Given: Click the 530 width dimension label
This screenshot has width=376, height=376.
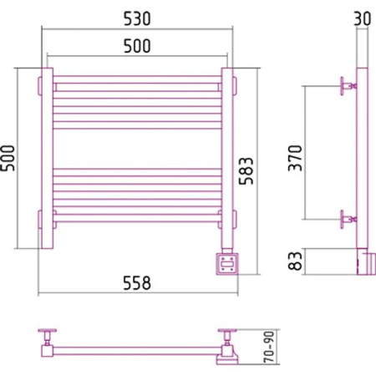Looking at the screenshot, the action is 137,18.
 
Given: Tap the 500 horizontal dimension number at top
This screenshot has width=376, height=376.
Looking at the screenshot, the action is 137,46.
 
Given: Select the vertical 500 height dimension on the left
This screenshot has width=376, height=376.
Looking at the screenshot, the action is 8,158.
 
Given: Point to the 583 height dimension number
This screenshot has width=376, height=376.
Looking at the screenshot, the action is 246,171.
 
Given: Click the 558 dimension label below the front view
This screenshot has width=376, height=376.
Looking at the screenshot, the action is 137,283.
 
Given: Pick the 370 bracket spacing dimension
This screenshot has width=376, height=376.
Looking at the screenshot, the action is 295,158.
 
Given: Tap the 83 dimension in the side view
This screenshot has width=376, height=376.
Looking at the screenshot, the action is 295,261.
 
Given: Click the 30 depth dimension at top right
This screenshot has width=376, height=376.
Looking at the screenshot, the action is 363,18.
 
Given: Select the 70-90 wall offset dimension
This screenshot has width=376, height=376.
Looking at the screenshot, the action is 269,347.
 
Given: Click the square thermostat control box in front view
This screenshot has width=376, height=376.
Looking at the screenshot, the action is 227,264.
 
